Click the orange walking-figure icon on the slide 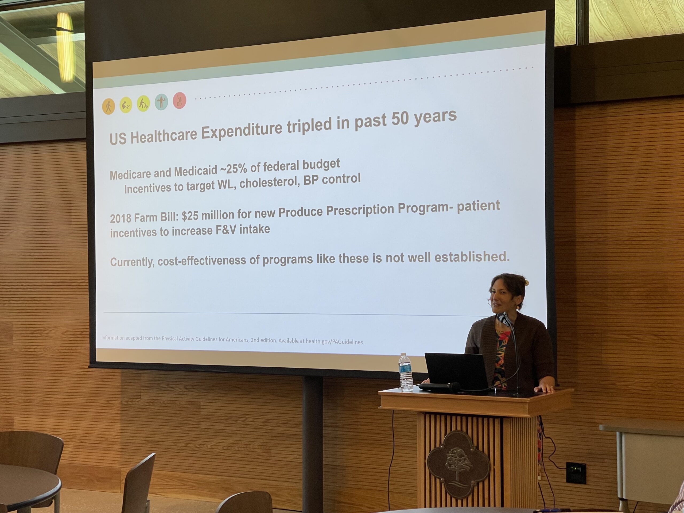108,106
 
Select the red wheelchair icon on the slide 179,100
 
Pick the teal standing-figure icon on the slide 161,102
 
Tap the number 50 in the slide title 401,119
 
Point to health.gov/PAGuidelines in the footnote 335,342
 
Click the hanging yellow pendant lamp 65,47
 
